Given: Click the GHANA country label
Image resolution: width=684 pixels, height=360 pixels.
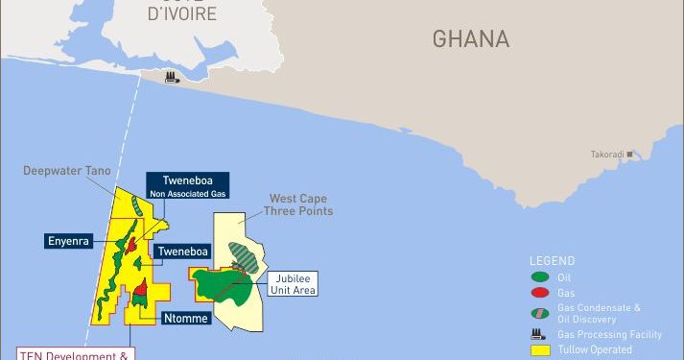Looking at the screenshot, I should (x=470, y=38).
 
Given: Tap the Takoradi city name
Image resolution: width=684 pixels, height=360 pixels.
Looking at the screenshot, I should (x=606, y=154).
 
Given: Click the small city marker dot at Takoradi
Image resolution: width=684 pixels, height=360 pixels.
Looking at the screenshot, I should (x=631, y=154).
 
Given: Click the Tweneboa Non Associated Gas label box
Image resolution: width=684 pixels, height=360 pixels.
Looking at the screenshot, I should (x=186, y=185).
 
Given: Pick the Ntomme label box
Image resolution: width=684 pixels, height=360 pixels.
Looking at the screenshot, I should (x=187, y=317).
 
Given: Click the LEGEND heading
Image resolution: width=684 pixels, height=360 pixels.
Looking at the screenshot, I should (x=552, y=260).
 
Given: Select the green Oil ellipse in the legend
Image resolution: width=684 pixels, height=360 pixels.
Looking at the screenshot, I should (x=540, y=278).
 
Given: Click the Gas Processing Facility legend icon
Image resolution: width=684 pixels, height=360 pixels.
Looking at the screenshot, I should (x=540, y=334).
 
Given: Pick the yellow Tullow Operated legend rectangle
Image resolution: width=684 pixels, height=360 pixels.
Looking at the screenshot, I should (x=540, y=350).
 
